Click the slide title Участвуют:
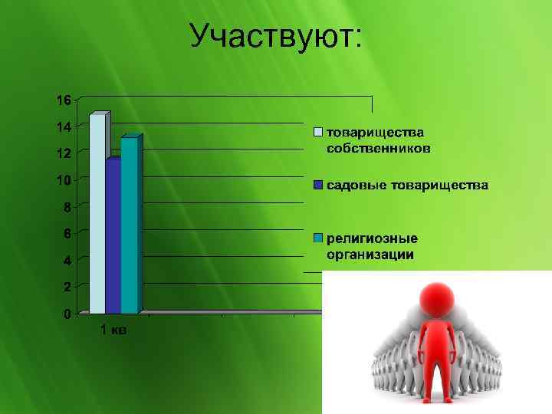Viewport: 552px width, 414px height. click(276, 35)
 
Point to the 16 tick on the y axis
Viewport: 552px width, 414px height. click(63, 100)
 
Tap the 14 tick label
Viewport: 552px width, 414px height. click(63, 127)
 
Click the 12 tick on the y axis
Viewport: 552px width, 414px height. click(63, 153)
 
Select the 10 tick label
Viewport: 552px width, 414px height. click(63, 180)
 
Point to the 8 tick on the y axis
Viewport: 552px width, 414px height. click(67, 207)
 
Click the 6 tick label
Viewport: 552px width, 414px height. click(67, 233)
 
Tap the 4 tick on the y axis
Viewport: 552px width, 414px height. click(67, 261)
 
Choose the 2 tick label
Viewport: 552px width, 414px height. click(67, 287)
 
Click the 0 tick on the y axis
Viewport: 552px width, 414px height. click(67, 314)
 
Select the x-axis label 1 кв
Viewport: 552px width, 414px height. click(113, 330)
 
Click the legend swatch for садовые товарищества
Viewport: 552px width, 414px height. click(317, 186)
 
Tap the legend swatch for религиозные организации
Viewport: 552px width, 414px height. click(317, 237)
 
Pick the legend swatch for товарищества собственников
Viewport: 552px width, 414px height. click(317, 132)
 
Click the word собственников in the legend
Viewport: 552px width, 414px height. click(379, 148)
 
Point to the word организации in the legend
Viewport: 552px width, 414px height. click(370, 255)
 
